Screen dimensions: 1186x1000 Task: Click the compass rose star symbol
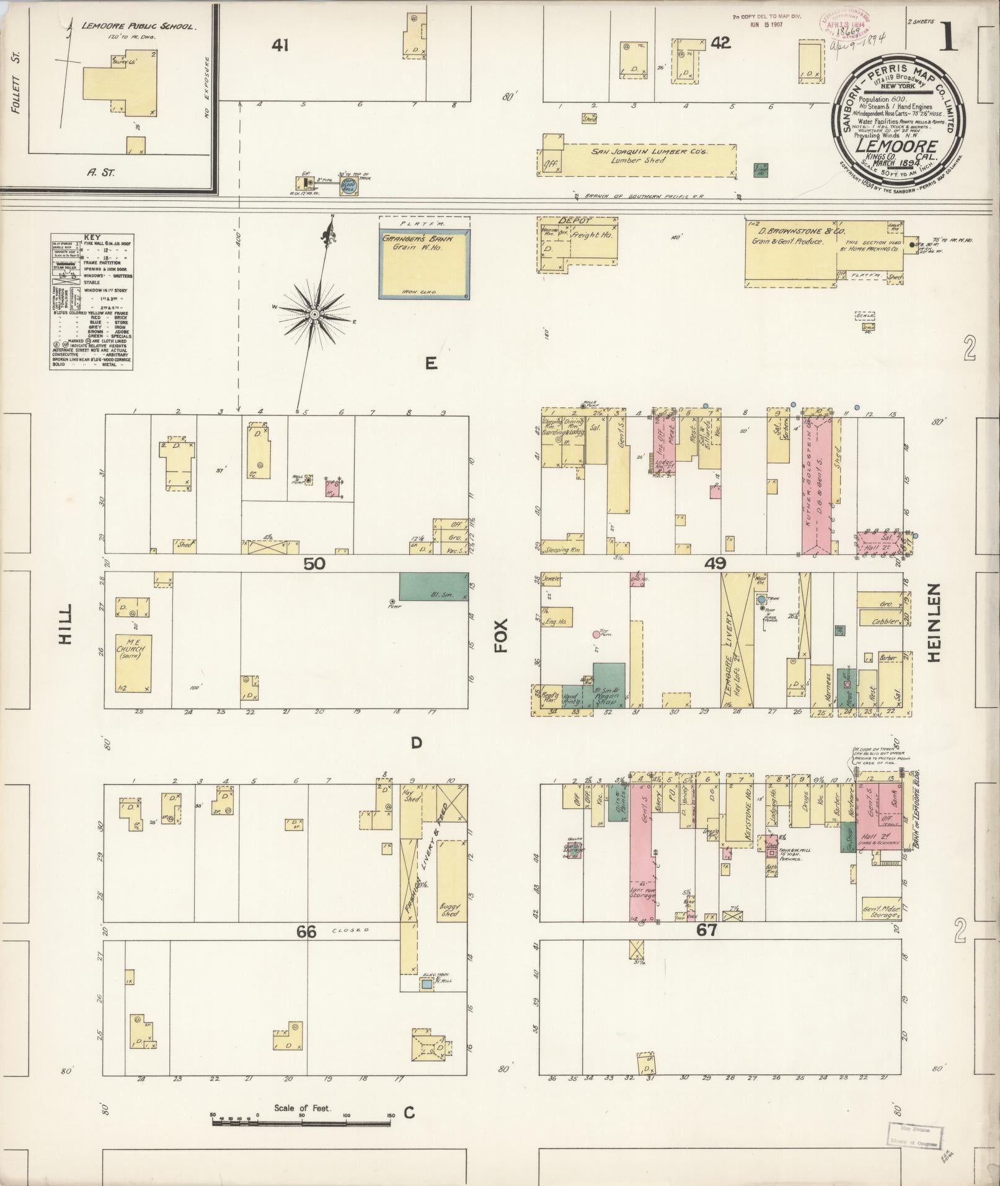pos(314,315)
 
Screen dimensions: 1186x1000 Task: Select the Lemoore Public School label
pos(139,27)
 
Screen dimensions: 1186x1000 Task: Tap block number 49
pos(715,564)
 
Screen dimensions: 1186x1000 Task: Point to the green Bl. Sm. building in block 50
pos(433,586)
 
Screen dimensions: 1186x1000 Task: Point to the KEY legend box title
pos(91,237)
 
